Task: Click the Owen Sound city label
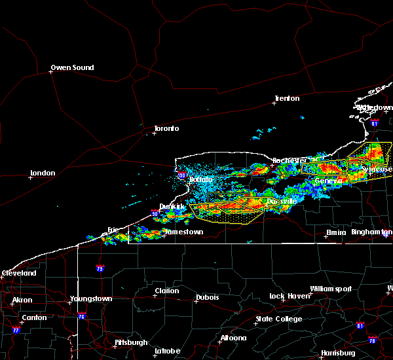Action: coord(73,67)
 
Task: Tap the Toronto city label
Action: coord(166,128)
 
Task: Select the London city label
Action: coord(43,173)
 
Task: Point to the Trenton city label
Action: coord(287,98)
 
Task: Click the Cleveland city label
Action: coord(18,272)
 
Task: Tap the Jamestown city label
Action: coord(183,232)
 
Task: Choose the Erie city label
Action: coord(115,230)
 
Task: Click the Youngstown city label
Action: coord(91,298)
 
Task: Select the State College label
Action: coord(279,319)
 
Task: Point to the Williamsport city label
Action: coord(330,289)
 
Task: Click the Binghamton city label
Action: coord(369,232)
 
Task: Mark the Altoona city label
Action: coord(233,338)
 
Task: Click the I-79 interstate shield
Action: coord(100,268)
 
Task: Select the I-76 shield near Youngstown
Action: coord(82,317)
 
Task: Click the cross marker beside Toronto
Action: coord(154,134)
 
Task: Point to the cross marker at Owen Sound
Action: coord(51,73)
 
